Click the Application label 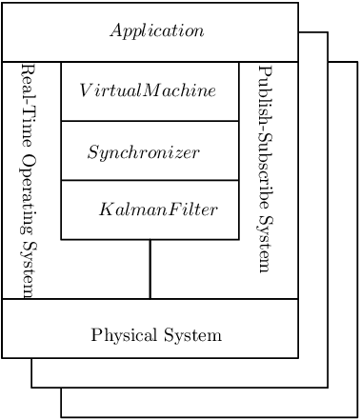156,30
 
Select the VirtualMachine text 148,90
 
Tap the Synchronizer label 143,151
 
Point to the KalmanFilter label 158,209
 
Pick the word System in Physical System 194,335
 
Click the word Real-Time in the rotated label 28,105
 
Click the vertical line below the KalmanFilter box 150,269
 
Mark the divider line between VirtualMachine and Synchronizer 150,121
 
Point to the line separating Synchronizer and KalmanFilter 150,180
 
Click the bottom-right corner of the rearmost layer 357,417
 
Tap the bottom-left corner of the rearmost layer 61,417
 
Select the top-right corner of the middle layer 328,32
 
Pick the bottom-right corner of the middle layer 328,388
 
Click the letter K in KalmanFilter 104,209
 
